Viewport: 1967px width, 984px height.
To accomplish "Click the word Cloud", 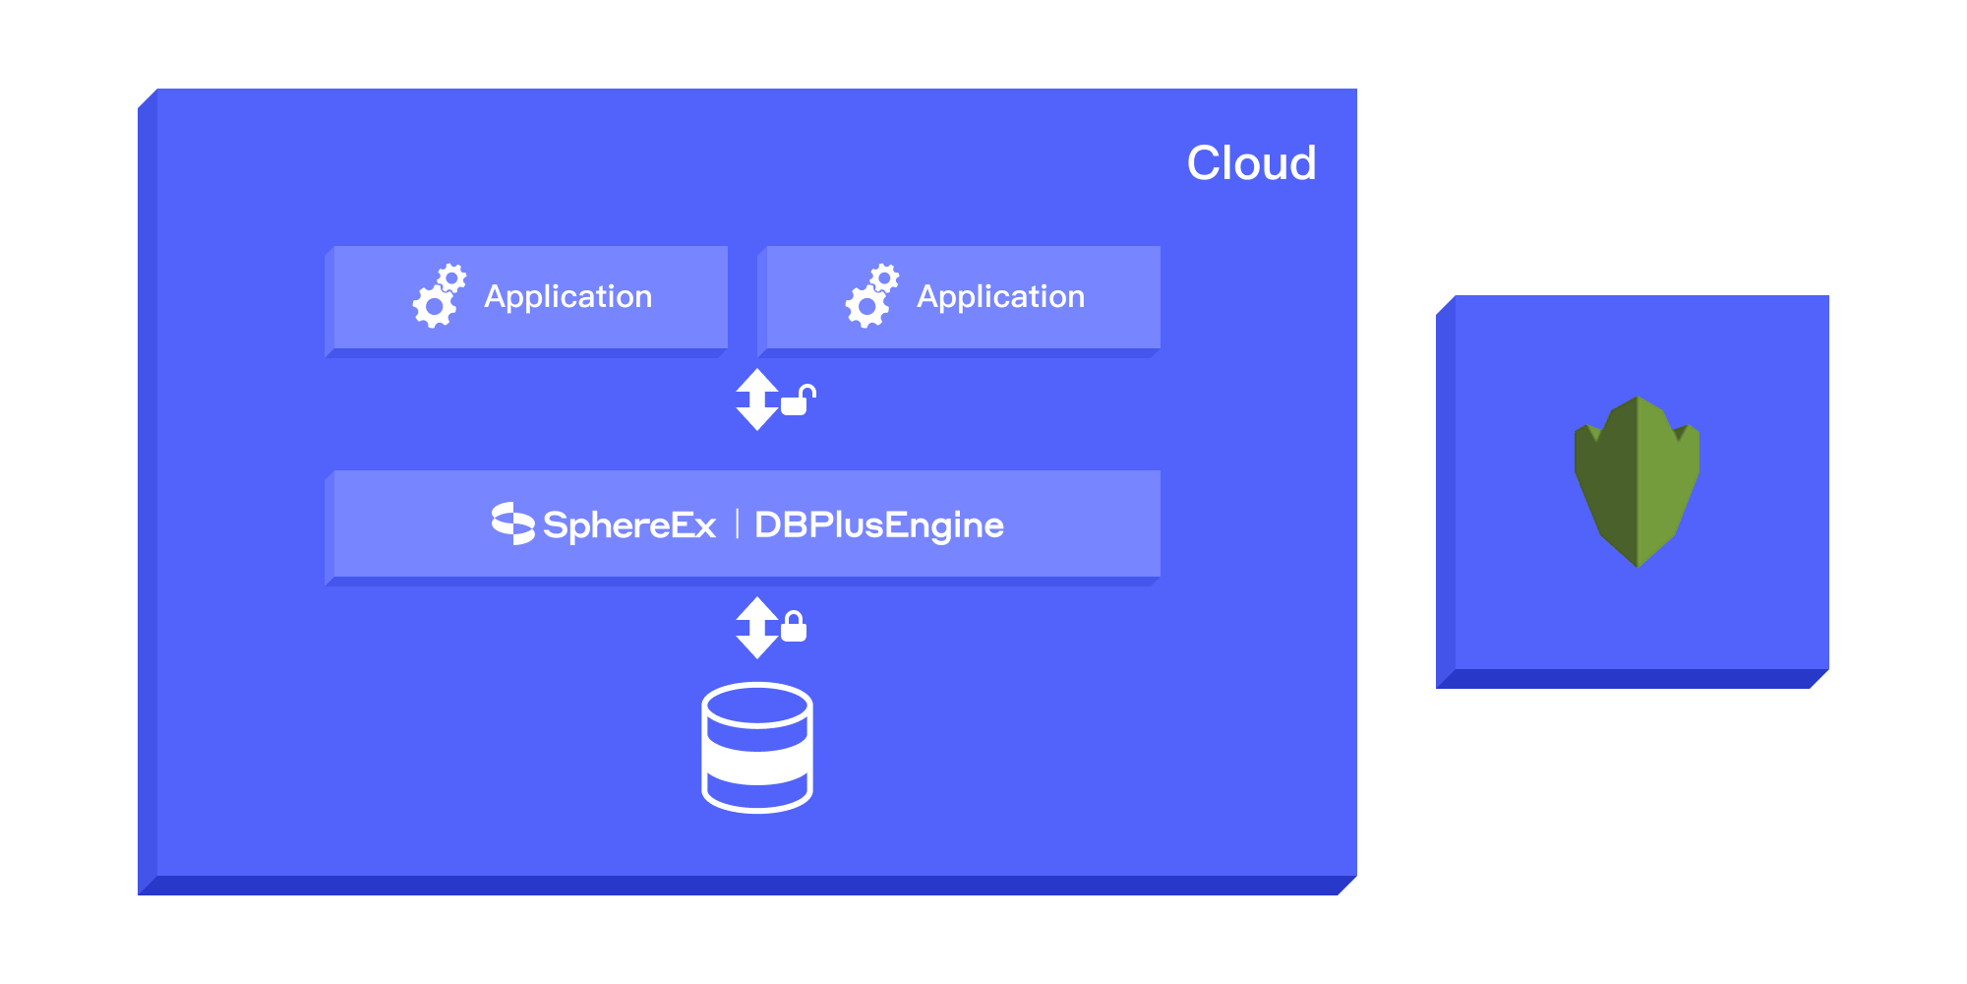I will (1251, 163).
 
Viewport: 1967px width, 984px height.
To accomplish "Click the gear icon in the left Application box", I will (438, 296).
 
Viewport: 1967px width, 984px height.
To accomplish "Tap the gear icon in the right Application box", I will (870, 296).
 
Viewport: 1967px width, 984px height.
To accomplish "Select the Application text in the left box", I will (568, 296).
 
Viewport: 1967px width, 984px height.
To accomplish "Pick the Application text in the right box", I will (1001, 296).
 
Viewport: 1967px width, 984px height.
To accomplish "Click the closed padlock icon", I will (794, 627).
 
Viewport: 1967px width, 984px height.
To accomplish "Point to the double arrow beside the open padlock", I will (756, 400).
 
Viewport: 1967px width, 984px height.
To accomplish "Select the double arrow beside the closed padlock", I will (756, 628).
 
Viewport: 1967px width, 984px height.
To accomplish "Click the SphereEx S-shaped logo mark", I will (512, 523).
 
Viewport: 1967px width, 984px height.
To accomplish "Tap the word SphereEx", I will (629, 525).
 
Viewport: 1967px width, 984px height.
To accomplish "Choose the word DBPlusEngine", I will (879, 525).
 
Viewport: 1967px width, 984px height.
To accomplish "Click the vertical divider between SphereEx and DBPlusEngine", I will (737, 524).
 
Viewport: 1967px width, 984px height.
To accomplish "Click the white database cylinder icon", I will (757, 748).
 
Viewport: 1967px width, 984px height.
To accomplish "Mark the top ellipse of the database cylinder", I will (757, 705).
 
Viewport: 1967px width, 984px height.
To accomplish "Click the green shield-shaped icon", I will (1637, 481).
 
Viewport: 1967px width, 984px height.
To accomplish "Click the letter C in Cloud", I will (1206, 163).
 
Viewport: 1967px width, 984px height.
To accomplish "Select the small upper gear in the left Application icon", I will (451, 278).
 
